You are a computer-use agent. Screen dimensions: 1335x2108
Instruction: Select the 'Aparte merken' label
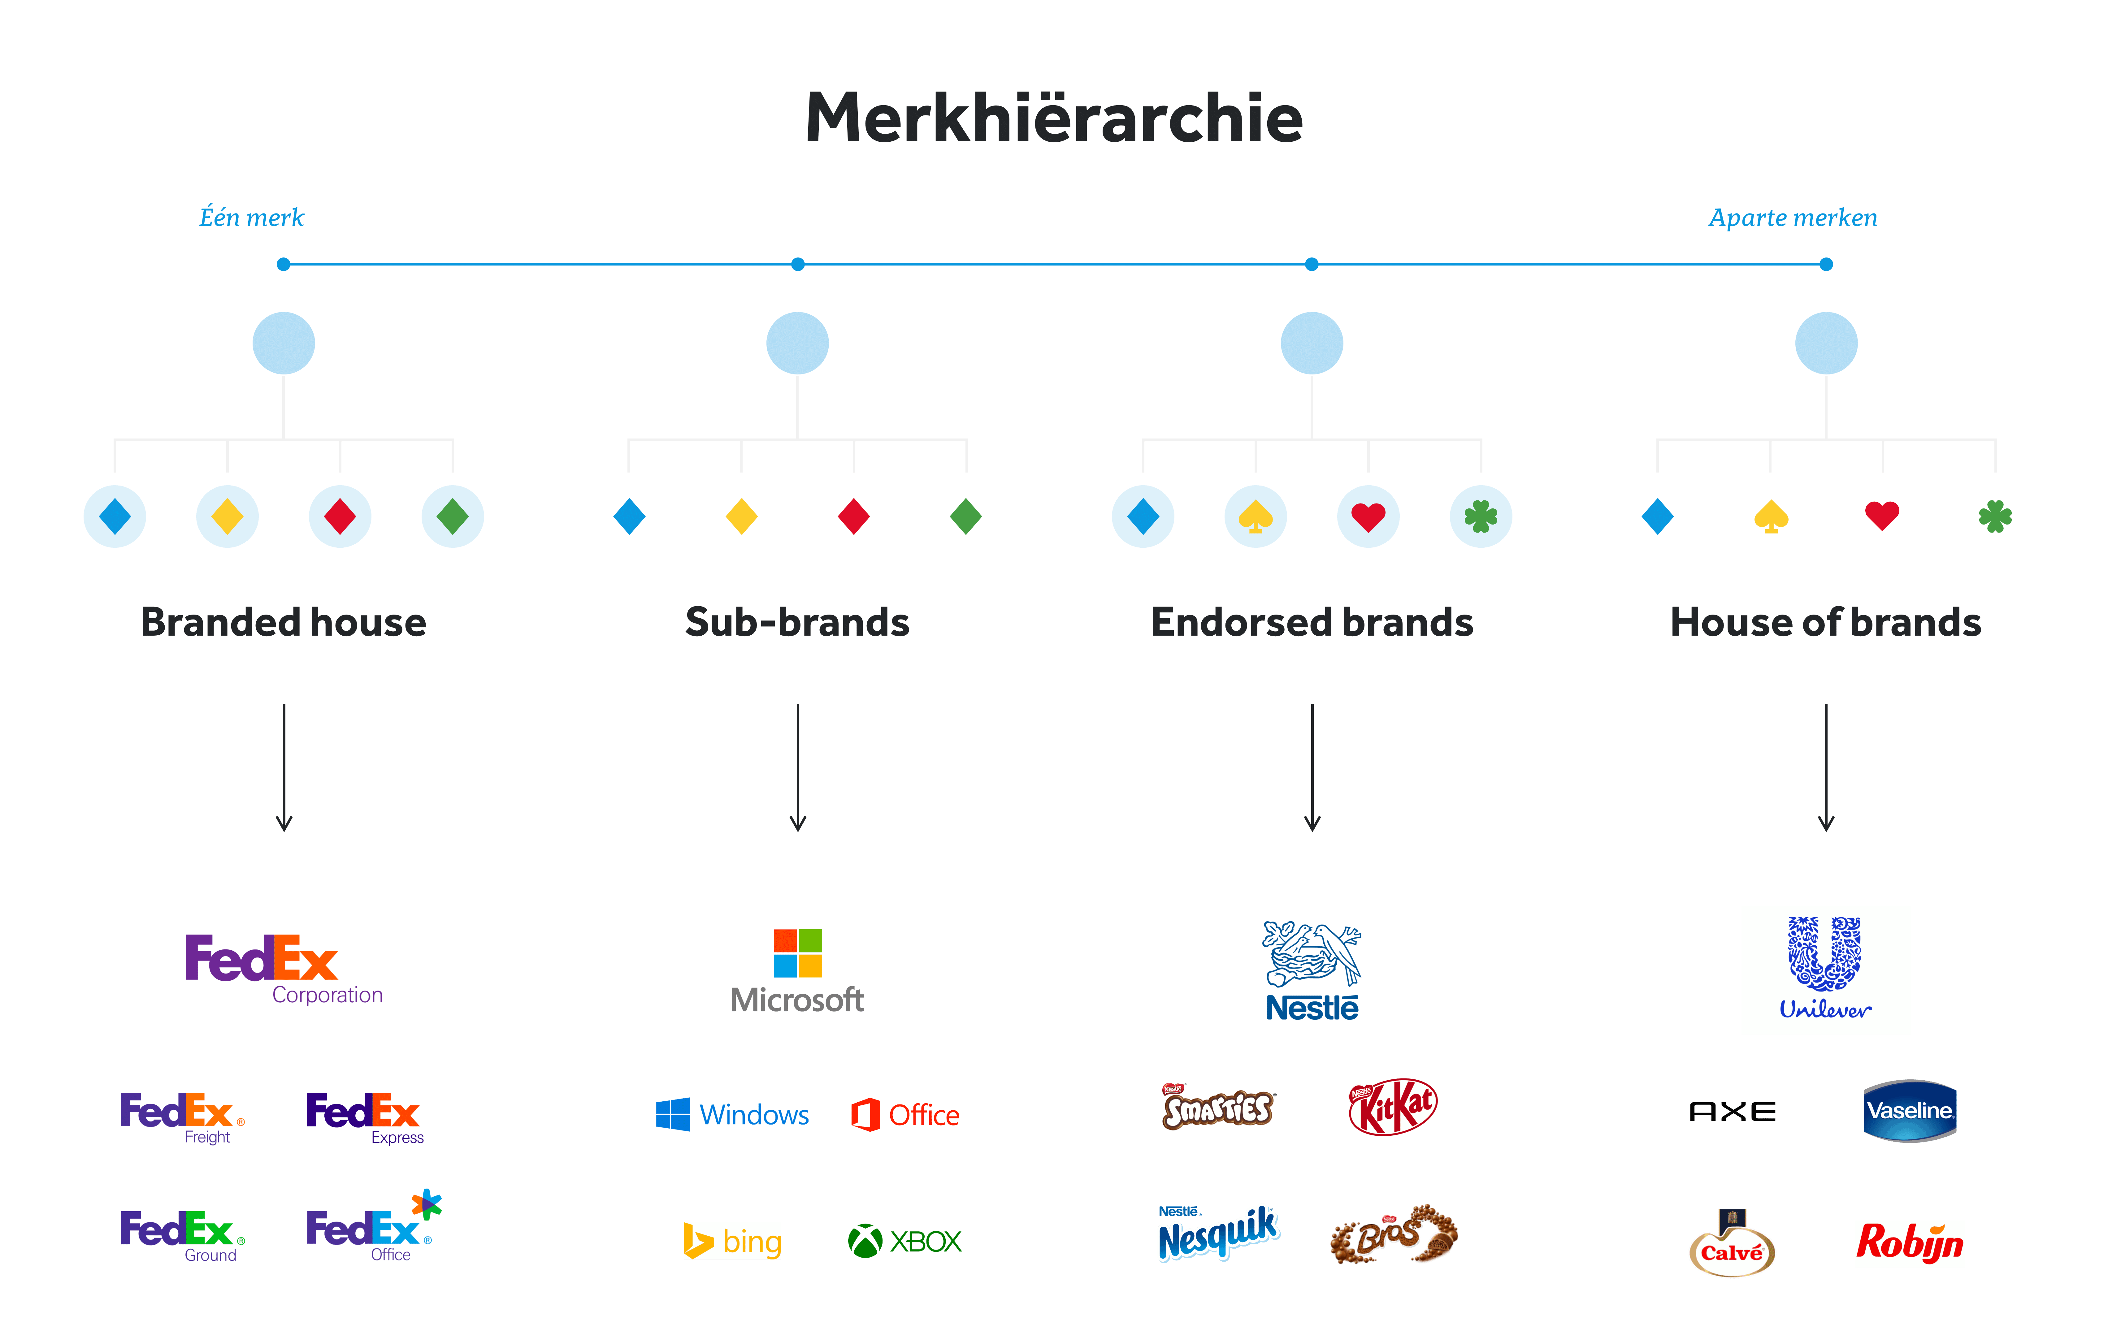1793,217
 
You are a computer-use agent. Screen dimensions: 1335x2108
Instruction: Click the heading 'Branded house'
284,622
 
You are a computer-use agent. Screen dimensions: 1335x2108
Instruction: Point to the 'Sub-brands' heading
797,622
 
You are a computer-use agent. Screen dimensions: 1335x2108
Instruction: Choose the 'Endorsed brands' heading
1311,622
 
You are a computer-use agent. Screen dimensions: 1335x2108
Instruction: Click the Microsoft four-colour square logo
797,953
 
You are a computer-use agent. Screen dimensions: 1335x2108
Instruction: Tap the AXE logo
1733,1112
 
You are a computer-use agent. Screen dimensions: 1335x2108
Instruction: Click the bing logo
732,1240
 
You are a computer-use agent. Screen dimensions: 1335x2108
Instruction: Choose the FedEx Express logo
364,1116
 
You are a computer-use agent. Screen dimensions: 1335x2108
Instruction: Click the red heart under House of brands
1882,515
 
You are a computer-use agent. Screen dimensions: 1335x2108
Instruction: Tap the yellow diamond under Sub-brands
741,516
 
